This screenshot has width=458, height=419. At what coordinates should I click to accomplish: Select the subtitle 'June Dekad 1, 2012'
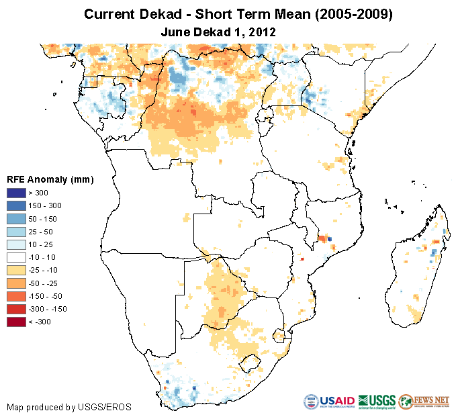coord(219,32)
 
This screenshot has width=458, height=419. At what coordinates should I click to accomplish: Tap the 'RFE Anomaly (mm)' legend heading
coord(50,179)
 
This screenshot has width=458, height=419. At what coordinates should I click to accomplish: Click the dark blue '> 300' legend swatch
coord(15,193)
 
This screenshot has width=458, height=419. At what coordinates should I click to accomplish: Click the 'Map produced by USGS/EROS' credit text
coord(68,407)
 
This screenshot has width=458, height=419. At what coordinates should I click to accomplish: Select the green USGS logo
coord(377,402)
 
